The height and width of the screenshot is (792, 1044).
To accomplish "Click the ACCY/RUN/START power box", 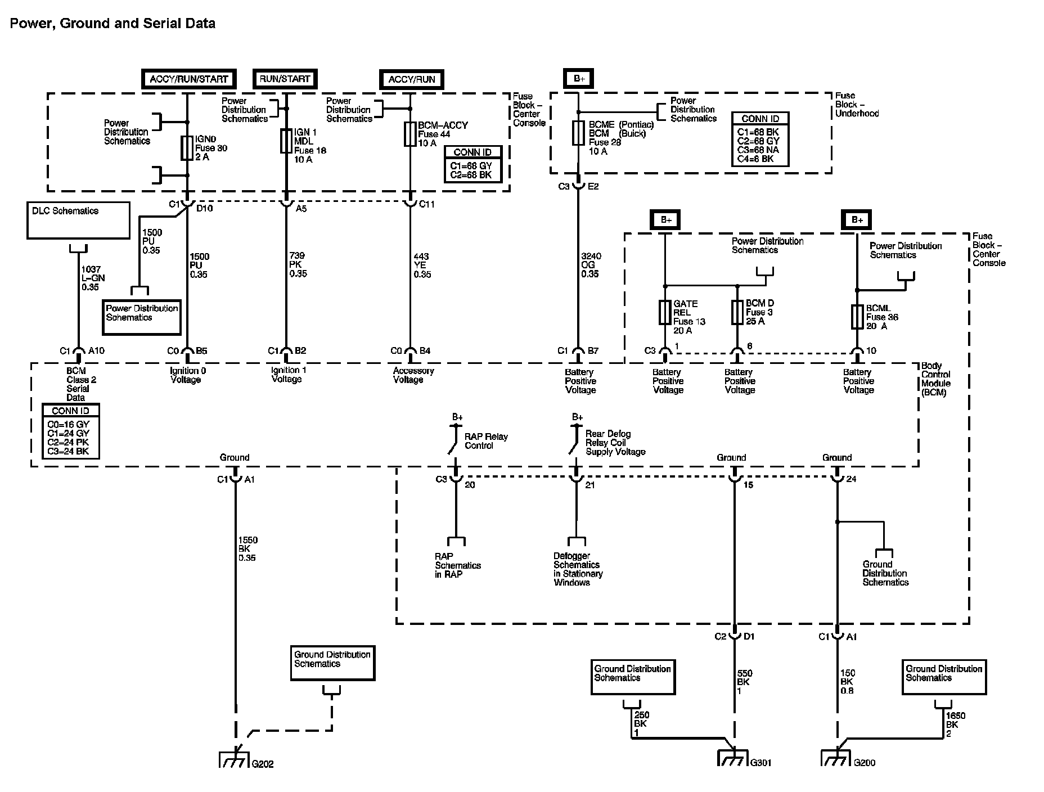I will pyautogui.click(x=188, y=79).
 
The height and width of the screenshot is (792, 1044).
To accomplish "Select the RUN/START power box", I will pyautogui.click(x=285, y=79).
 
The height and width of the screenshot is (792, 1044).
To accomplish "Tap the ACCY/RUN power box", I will pyautogui.click(x=412, y=79).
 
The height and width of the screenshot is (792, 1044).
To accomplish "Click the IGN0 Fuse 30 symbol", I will pyautogui.click(x=187, y=148).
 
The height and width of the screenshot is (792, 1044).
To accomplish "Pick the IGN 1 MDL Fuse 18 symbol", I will pyautogui.click(x=286, y=141).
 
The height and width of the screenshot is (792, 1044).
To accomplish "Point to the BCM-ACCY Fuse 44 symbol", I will pyautogui.click(x=410, y=134).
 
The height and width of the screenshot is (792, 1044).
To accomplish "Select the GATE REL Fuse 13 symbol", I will pyautogui.click(x=665, y=313).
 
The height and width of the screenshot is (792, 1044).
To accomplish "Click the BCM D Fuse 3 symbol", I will pyautogui.click(x=737, y=312).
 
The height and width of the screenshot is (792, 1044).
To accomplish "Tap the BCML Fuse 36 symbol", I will pyautogui.click(x=857, y=317).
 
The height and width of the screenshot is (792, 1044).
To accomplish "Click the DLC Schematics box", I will pyautogui.click(x=78, y=220).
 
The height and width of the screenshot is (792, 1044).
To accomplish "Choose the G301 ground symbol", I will pyautogui.click(x=733, y=759).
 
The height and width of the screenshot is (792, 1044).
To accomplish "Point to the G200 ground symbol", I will pyautogui.click(x=836, y=759).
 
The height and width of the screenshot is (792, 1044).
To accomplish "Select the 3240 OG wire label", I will pyautogui.click(x=591, y=265).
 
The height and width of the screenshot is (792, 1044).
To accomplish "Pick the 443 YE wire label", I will pyautogui.click(x=422, y=265).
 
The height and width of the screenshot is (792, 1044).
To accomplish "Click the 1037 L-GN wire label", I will pyautogui.click(x=92, y=278).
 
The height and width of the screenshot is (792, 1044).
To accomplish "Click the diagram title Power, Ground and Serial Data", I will pyautogui.click(x=112, y=24).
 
